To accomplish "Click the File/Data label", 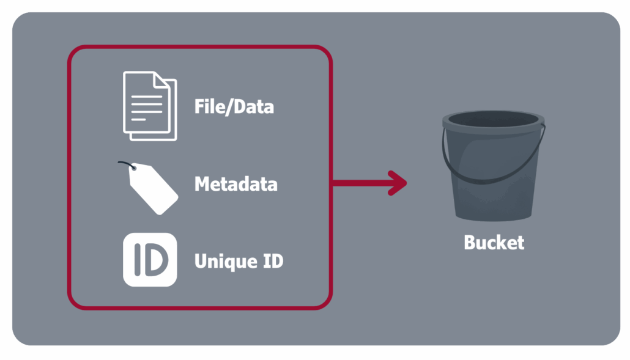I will (234, 106).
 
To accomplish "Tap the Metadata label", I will (235, 183).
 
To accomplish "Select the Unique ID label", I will (239, 261).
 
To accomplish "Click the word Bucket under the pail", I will (494, 242).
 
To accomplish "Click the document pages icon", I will (149, 106).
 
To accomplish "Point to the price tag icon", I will (152, 189).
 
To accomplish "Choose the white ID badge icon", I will (150, 260).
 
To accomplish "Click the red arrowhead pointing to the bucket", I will (399, 182).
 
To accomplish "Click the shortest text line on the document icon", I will (139, 120).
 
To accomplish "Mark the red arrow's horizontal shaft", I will (361, 182).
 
